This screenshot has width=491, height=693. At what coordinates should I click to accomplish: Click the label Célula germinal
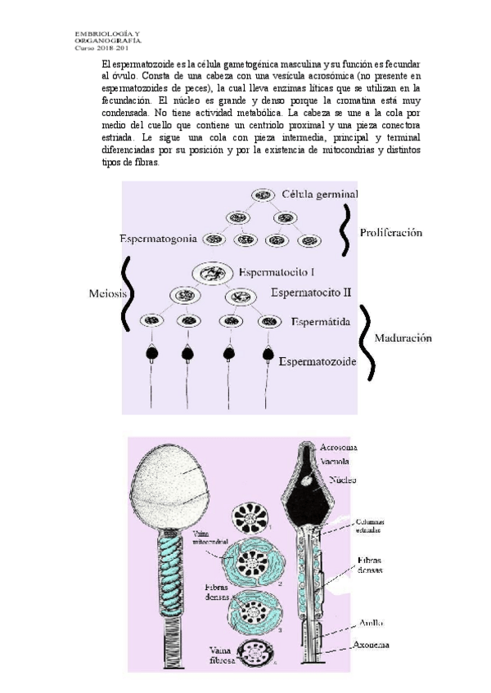pos(319,194)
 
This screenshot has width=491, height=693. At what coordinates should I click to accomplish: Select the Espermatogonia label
pos(158,239)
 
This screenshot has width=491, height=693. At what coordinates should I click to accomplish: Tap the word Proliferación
pos(390,233)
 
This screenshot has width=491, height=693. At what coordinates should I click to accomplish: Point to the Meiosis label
pos(106,294)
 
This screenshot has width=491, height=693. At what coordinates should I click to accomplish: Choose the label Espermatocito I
pos(278,271)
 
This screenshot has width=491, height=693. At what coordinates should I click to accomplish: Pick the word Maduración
pos(403,338)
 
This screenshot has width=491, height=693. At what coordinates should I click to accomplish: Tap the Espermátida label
pos(321,322)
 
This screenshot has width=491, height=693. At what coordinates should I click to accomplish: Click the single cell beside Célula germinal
pos(263,195)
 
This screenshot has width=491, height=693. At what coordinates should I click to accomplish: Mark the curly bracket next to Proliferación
pos(348,231)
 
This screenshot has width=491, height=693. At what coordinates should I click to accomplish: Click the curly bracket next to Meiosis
pos(127,295)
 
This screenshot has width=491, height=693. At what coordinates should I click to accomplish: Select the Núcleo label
pos(343,481)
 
